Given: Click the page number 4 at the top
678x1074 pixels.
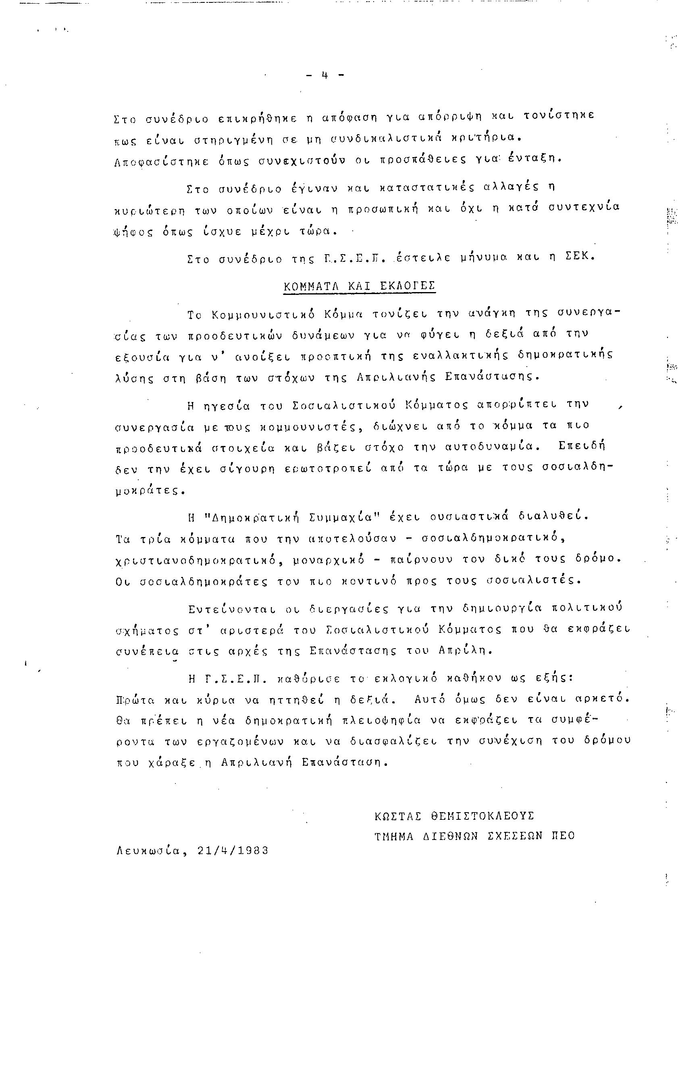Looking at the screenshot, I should coord(324,75).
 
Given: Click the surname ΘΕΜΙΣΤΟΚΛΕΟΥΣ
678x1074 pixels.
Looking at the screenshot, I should coord(482,816).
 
